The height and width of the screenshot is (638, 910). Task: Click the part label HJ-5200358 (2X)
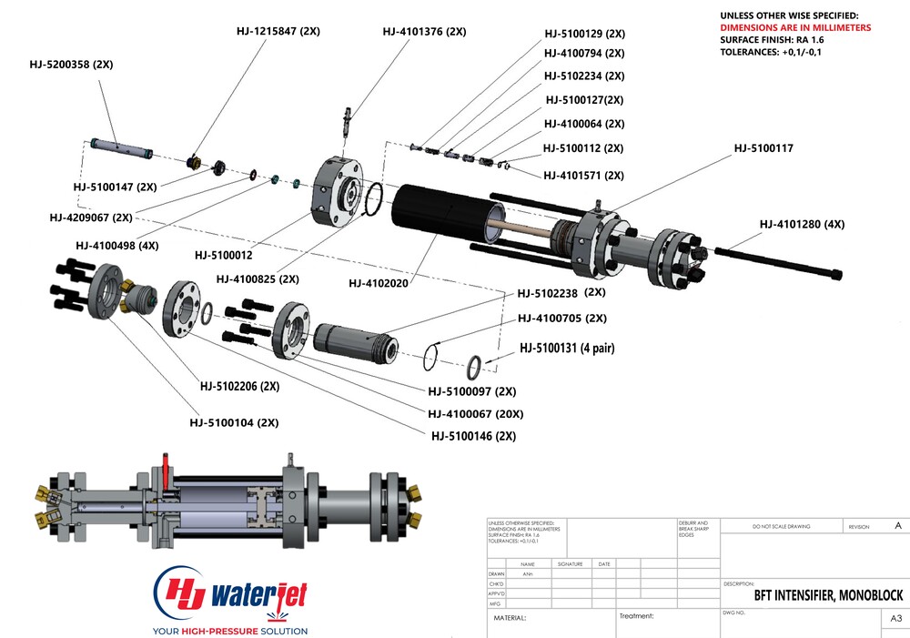coord(71,65)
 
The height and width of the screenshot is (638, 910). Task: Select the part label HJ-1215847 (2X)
coord(278,31)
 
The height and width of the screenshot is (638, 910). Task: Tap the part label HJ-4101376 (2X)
coord(424,31)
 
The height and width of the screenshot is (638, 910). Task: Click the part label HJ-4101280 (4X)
coord(802,224)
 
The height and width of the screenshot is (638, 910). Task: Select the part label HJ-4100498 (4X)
coord(117,245)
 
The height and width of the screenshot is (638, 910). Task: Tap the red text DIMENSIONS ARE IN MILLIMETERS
coord(795,28)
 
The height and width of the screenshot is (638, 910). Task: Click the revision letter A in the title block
coord(898,526)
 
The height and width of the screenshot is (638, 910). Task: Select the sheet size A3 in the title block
coord(895,619)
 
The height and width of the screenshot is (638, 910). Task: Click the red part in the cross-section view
coord(166,473)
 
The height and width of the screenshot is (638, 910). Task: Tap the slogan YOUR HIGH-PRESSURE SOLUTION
coord(230,631)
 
